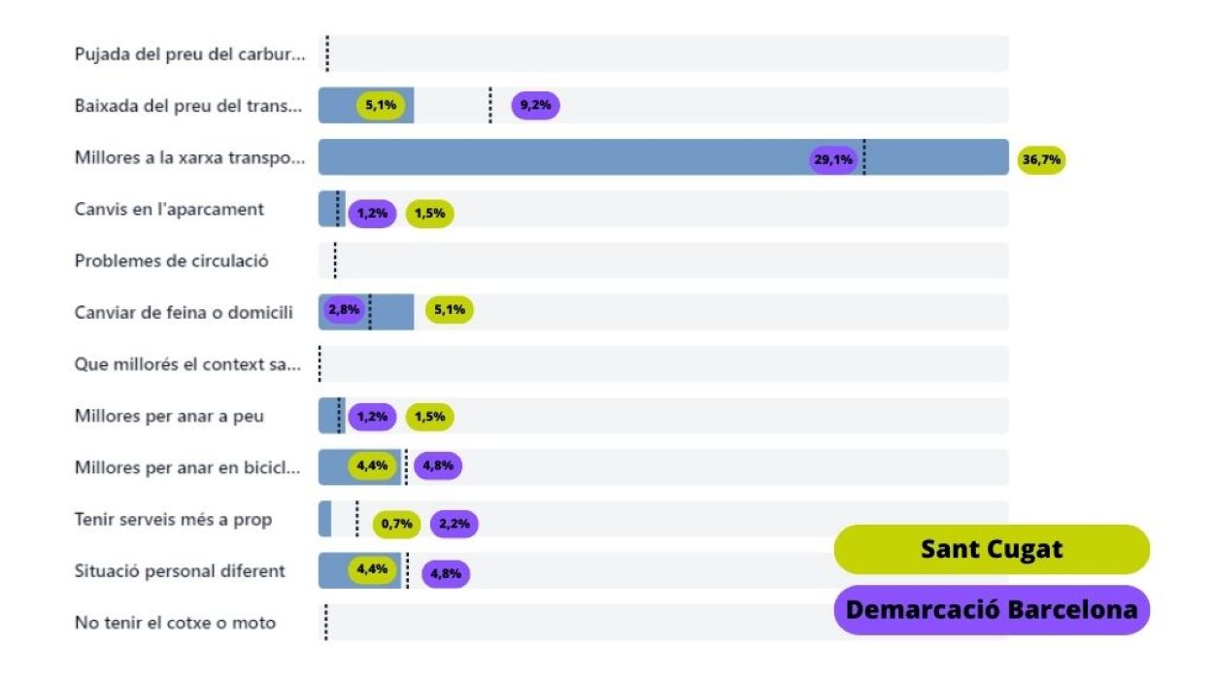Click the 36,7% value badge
[x=1041, y=158]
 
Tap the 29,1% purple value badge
[x=833, y=158]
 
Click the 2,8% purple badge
[x=344, y=310]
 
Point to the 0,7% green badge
[x=397, y=524]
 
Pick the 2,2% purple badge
[x=454, y=524]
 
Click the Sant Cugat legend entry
[x=992, y=550]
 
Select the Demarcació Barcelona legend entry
[x=992, y=610]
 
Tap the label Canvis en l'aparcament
[x=169, y=209]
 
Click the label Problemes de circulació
[x=172, y=260]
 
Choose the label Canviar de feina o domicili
[x=184, y=312]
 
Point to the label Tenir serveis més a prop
[x=173, y=519]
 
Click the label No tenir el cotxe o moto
[x=175, y=623]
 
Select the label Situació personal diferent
[x=180, y=570]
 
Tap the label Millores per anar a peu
[x=169, y=416]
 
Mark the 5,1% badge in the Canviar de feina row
[x=450, y=310]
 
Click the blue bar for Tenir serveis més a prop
[x=324, y=519]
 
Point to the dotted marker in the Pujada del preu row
[x=327, y=54]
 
